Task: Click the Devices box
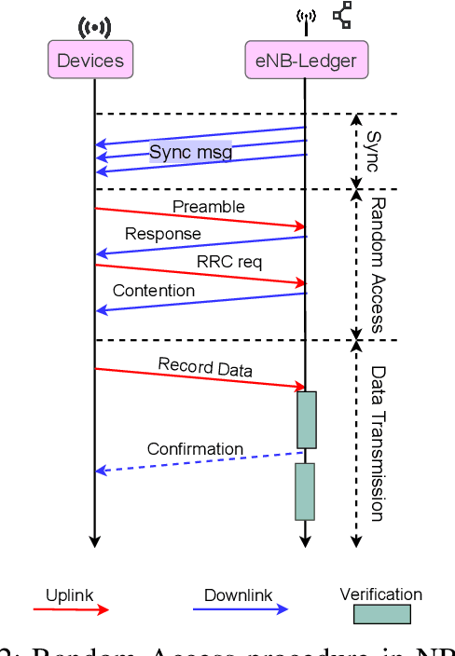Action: (x=90, y=62)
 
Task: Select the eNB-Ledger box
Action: (x=306, y=62)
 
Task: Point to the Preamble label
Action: (x=208, y=205)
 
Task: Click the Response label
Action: (x=162, y=233)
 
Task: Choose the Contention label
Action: (x=154, y=290)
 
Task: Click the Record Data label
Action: (x=204, y=367)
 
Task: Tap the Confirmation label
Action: (x=195, y=449)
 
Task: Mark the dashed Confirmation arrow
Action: (x=200, y=462)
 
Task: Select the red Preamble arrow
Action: (x=200, y=217)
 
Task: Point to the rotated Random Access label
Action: (x=378, y=264)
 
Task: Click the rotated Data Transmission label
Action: (x=378, y=443)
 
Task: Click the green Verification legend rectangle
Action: (x=380, y=614)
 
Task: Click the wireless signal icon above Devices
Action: (x=94, y=27)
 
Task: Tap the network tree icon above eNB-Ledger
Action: (x=342, y=15)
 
